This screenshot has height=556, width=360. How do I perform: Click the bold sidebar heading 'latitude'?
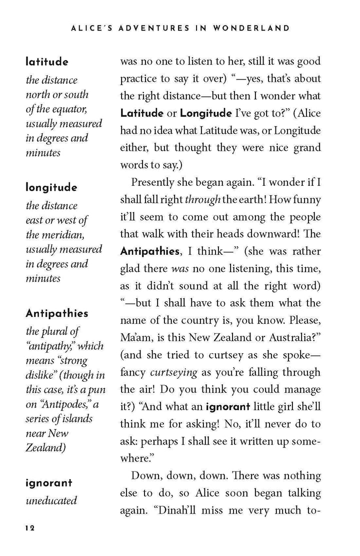click(x=47, y=62)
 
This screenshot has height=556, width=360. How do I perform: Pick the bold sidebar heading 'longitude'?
click(x=51, y=188)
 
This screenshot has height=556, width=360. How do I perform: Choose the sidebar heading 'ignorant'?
click(x=49, y=483)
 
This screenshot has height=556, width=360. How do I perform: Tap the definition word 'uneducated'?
click(x=51, y=500)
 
